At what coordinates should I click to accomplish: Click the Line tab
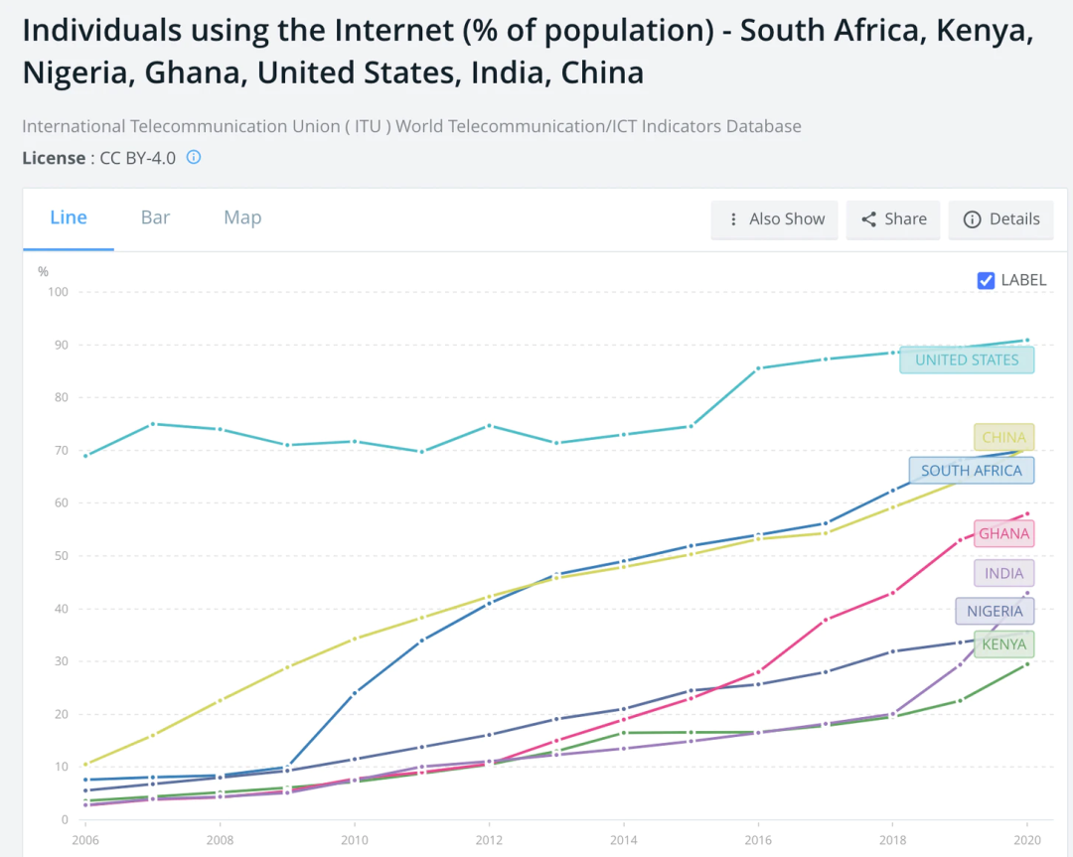[69, 218]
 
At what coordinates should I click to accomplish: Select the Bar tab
[155, 218]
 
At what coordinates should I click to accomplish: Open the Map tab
[242, 218]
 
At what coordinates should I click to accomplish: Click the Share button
[893, 219]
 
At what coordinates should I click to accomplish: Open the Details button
[1001, 219]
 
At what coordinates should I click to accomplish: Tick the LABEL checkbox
[987, 280]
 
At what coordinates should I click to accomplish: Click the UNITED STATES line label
[967, 359]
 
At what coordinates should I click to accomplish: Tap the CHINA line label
[1003, 437]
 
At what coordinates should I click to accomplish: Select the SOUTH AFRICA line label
[971, 471]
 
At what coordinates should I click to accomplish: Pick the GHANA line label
[1003, 534]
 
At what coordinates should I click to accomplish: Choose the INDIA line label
[1003, 574]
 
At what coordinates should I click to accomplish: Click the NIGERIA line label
[994, 612]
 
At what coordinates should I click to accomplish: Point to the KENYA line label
[1003, 644]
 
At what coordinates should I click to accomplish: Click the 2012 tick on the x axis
[489, 838]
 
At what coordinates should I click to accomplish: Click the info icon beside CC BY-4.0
[194, 157]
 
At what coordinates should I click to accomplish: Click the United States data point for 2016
[758, 368]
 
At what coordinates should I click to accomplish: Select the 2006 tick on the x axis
[85, 838]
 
